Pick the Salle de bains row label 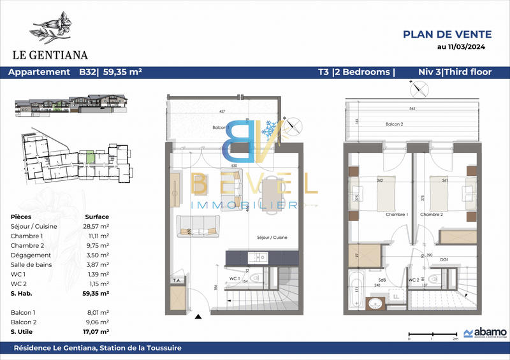32,264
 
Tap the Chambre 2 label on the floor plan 431,214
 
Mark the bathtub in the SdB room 355,288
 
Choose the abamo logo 485,333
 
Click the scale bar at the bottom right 431,333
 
